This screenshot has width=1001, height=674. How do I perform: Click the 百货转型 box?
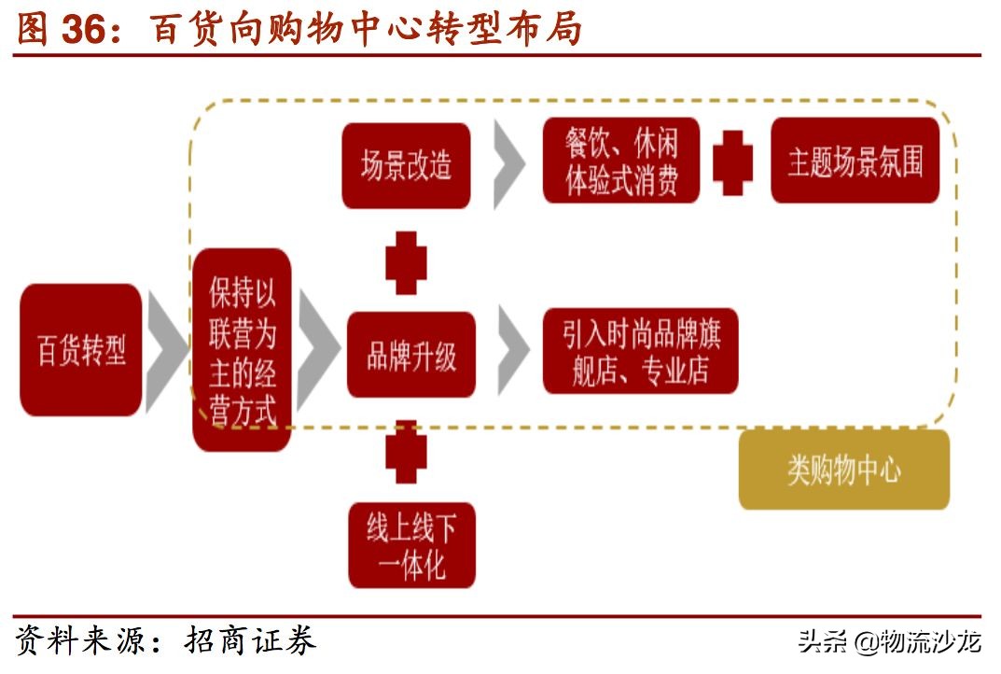coord(81,350)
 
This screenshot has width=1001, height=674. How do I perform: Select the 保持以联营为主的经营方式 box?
coord(242,350)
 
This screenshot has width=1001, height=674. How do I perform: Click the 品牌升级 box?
coord(411,355)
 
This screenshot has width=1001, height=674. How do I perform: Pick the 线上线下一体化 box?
coord(411,545)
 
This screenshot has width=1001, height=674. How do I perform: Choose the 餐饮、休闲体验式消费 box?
coord(621,163)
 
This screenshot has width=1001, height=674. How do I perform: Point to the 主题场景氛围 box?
coord(855,161)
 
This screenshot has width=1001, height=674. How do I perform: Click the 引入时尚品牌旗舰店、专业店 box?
coord(640,351)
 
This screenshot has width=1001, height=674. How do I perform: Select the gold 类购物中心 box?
coord(843,470)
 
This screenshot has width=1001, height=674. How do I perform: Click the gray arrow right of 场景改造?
coord(509,164)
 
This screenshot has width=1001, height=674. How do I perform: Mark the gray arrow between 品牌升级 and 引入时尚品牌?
coord(512,353)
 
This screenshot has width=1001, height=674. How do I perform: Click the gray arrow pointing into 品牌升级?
coord(318,353)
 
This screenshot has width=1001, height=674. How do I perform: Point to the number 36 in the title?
coord(89,30)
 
